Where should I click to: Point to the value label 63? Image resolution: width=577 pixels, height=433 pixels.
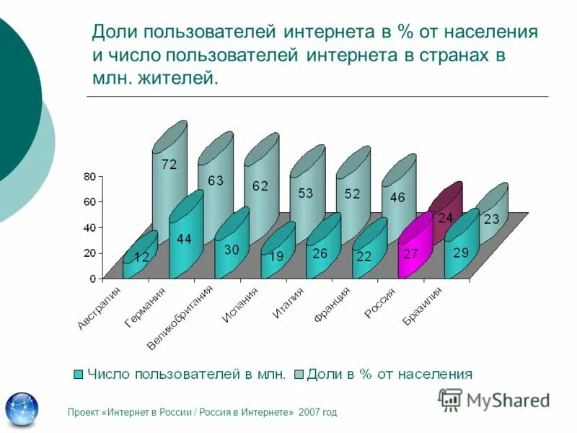click(x=216, y=180)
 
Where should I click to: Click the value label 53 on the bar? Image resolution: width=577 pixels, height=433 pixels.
click(x=307, y=193)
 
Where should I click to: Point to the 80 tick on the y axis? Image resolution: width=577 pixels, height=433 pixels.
click(x=89, y=176)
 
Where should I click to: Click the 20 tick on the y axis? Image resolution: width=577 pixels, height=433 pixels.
click(x=89, y=253)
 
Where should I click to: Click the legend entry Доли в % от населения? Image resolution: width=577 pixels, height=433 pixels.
click(x=389, y=374)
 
